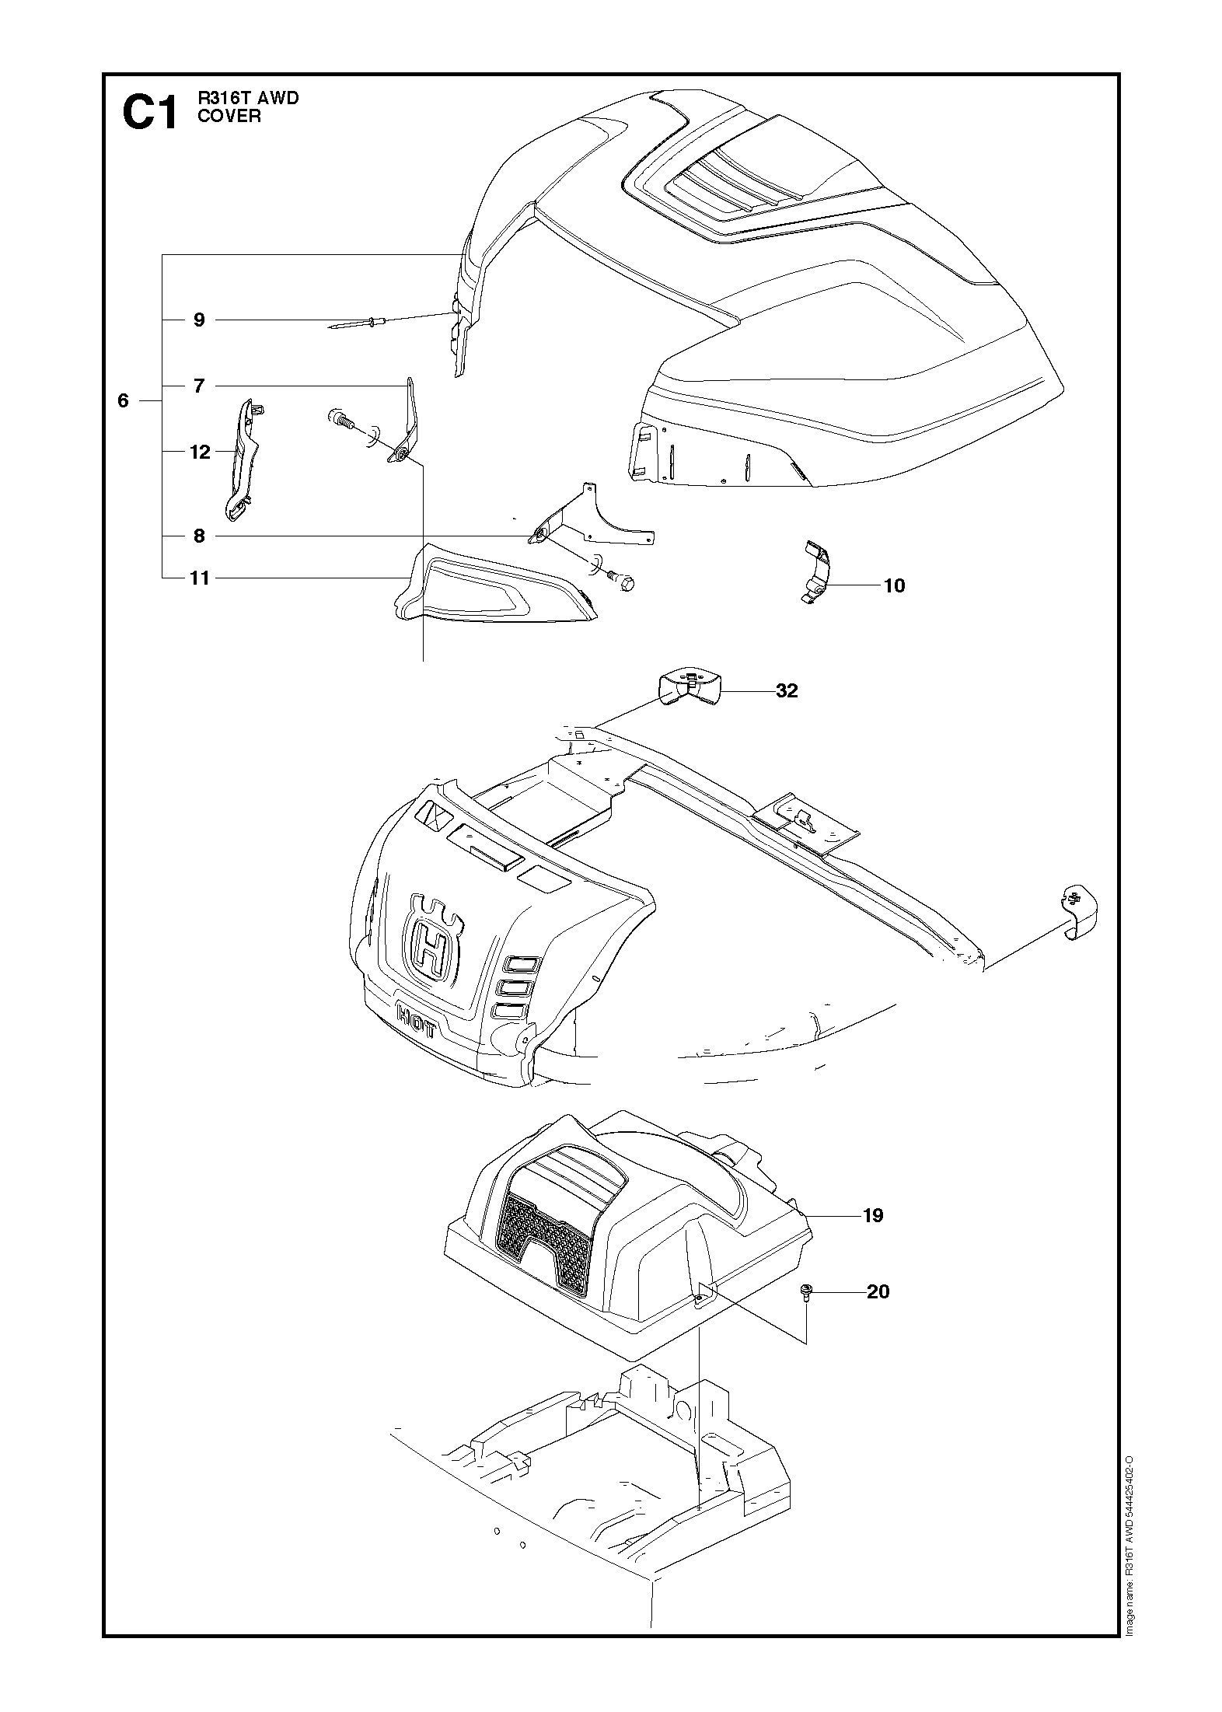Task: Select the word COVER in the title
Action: click(x=229, y=116)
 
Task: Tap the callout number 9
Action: click(x=199, y=320)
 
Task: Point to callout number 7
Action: click(x=199, y=386)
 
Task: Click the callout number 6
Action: click(x=123, y=401)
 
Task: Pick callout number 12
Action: click(x=200, y=452)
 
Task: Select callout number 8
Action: click(x=199, y=536)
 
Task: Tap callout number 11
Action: click(x=200, y=578)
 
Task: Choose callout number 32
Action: click(x=787, y=691)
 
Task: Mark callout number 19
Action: click(x=873, y=1215)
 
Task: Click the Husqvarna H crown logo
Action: click(x=432, y=946)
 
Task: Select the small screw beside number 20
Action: click(x=806, y=1292)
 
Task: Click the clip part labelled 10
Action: click(x=817, y=571)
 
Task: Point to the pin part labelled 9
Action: click(x=354, y=324)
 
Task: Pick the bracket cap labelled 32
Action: click(x=689, y=686)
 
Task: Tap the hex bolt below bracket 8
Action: click(x=623, y=582)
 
